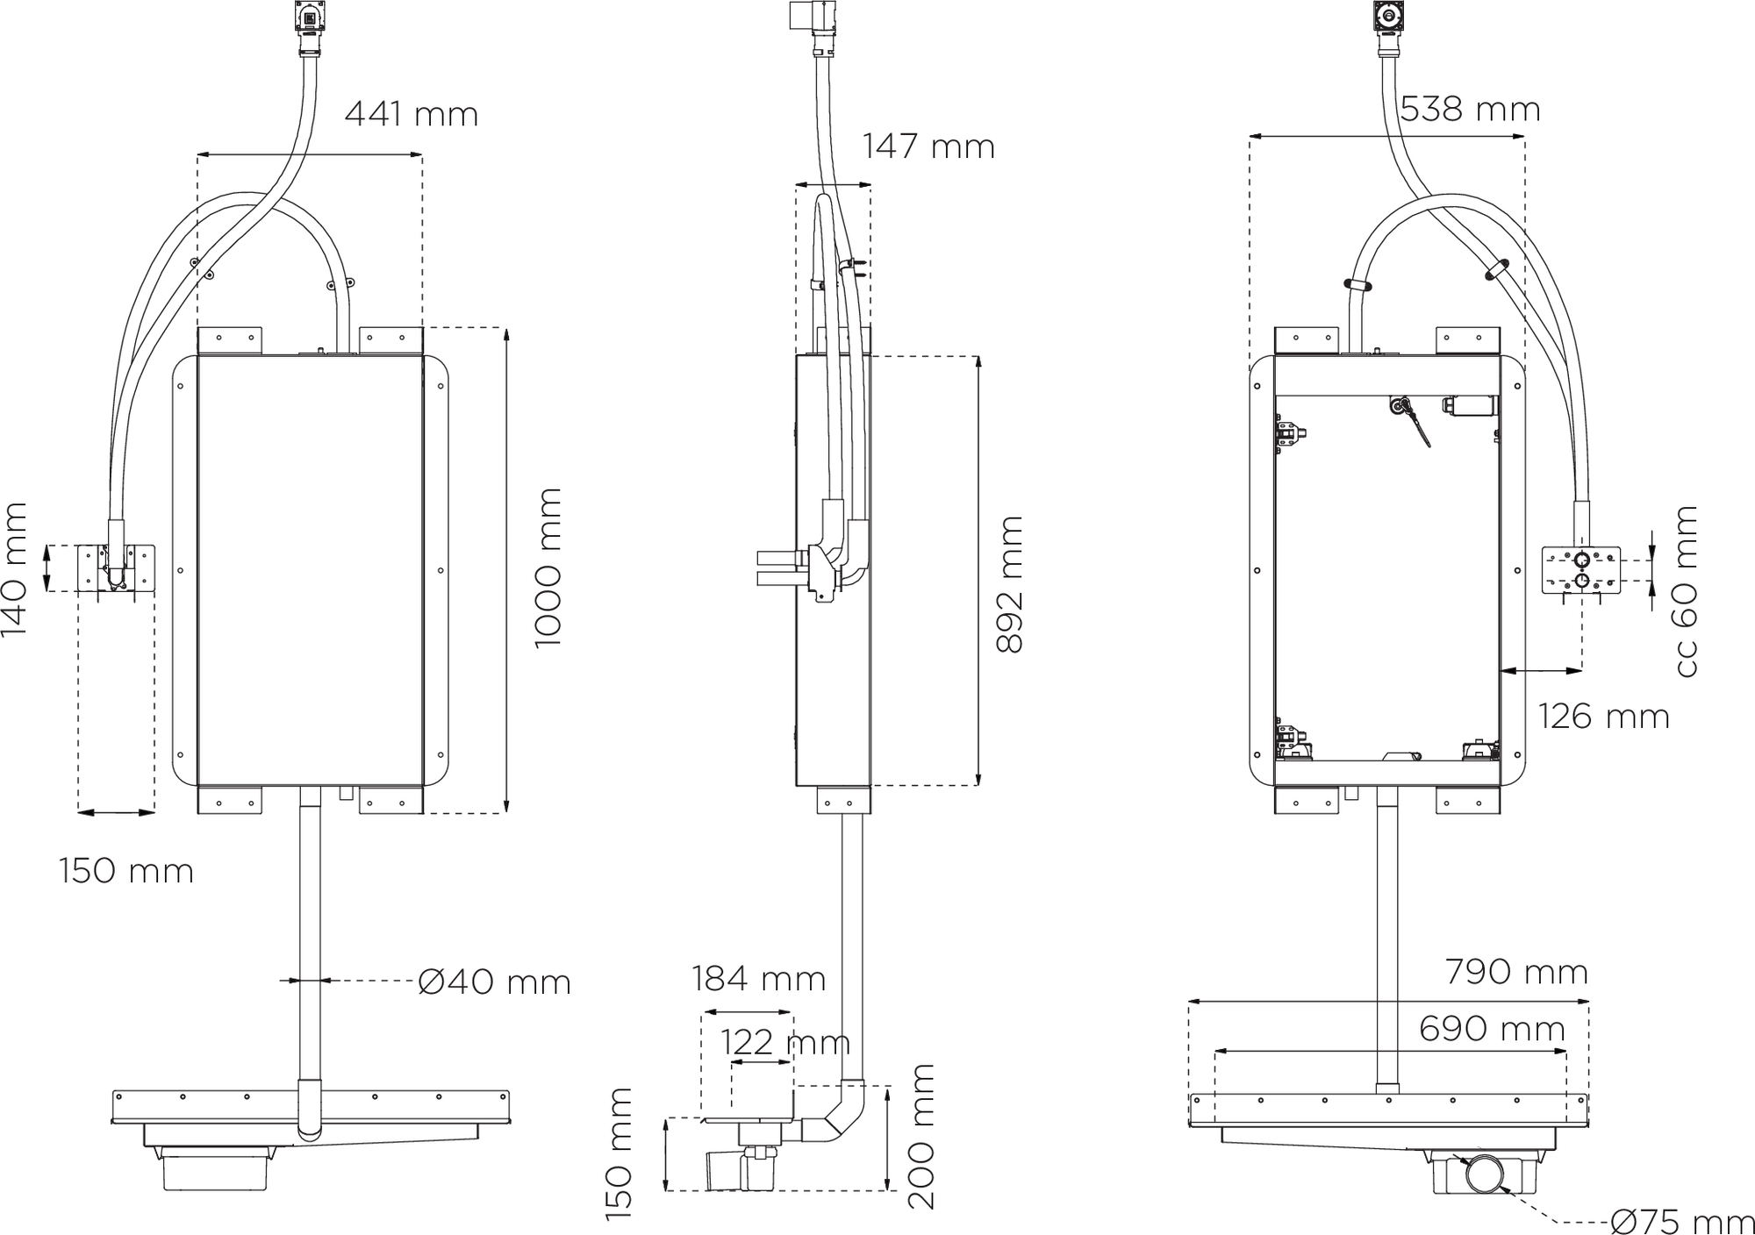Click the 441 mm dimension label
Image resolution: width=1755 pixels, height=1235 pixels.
[x=411, y=115]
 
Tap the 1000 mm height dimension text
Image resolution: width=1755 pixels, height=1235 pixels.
[x=548, y=568]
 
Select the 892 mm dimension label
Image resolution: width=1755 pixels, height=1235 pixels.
[x=1010, y=583]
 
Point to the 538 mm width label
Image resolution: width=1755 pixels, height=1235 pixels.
[x=1470, y=111]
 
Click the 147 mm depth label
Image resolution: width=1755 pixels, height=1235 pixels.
[x=928, y=146]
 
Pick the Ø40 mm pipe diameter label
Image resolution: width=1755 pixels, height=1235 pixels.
[x=494, y=982]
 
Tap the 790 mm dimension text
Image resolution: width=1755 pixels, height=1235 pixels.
[x=1516, y=972]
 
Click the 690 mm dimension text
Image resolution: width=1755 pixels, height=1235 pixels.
[x=1492, y=1028]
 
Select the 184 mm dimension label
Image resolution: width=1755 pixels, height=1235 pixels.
[x=758, y=978]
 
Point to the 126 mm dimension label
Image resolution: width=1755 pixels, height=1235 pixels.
[x=1603, y=717]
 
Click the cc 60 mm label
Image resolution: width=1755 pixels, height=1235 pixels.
[x=1686, y=591]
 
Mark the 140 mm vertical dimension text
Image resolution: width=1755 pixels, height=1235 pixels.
[x=15, y=569]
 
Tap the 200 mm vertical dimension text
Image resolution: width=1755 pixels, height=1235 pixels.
[x=920, y=1137]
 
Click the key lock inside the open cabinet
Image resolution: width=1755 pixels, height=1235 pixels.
[x=1401, y=407]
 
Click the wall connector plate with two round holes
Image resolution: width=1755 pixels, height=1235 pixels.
[x=1581, y=569]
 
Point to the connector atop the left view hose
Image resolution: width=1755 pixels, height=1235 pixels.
[x=309, y=26]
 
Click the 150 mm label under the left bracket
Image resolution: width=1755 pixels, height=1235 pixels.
[x=126, y=872]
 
